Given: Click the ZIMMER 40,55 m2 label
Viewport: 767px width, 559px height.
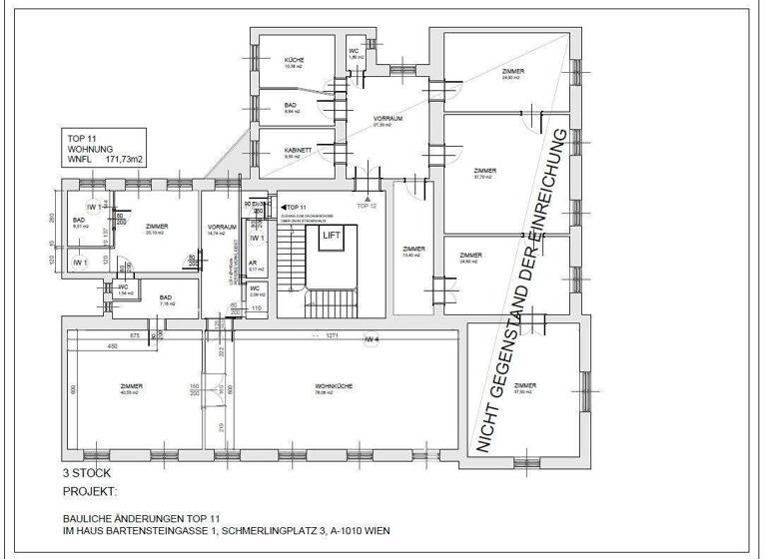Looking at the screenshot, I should pos(130,389).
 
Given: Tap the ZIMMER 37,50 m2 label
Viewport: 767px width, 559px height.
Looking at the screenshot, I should pos(524,387).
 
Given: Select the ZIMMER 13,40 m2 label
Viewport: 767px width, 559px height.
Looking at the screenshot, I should pos(413,252).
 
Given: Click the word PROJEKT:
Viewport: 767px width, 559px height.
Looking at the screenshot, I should pos(90,492).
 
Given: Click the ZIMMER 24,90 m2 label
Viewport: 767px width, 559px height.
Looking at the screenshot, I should pos(514,74).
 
